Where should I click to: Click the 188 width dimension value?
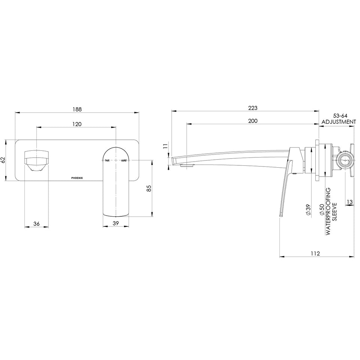(77, 109)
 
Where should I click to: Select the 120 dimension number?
(77, 124)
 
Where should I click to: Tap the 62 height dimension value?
(3, 160)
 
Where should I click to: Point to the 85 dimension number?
(149, 188)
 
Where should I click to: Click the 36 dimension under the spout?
(36, 223)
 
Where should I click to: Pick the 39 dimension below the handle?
(116, 223)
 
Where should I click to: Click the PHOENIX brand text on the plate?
(77, 178)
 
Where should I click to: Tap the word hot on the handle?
(107, 160)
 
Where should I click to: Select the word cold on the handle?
(124, 160)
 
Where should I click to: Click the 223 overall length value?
(253, 108)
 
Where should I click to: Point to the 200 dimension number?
(253, 121)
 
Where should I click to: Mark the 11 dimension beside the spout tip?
(165, 146)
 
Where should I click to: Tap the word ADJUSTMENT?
(339, 122)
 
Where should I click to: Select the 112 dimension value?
(315, 253)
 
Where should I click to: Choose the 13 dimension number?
(349, 202)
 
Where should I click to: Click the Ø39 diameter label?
(308, 210)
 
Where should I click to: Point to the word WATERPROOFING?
(328, 211)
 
